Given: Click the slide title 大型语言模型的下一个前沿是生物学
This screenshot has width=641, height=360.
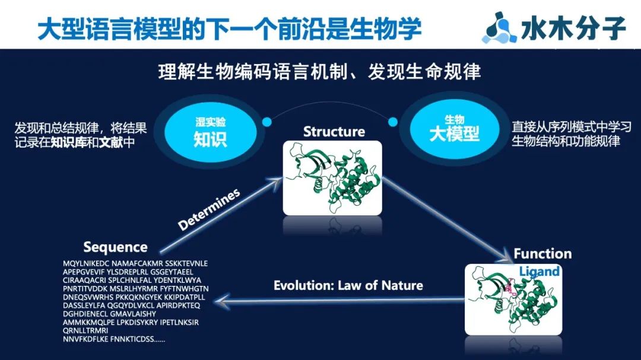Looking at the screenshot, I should point(229,28).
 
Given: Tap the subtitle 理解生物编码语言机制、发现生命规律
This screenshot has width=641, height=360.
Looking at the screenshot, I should point(320,72).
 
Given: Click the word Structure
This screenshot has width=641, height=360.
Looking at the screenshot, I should point(334,131).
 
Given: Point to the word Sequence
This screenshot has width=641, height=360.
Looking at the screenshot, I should point(115,247).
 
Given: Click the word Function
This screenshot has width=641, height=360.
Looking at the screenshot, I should point(542,254).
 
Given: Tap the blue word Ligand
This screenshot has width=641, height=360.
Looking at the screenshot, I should point(540,272).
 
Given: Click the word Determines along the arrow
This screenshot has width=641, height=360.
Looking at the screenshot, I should point(209,209).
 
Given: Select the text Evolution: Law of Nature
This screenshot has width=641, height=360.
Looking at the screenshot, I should point(348,285).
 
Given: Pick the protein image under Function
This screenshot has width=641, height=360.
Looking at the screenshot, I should point(512,300).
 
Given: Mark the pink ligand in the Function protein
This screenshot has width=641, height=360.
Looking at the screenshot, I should point(507,289).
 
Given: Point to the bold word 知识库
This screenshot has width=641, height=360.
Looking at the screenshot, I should point(84,142).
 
